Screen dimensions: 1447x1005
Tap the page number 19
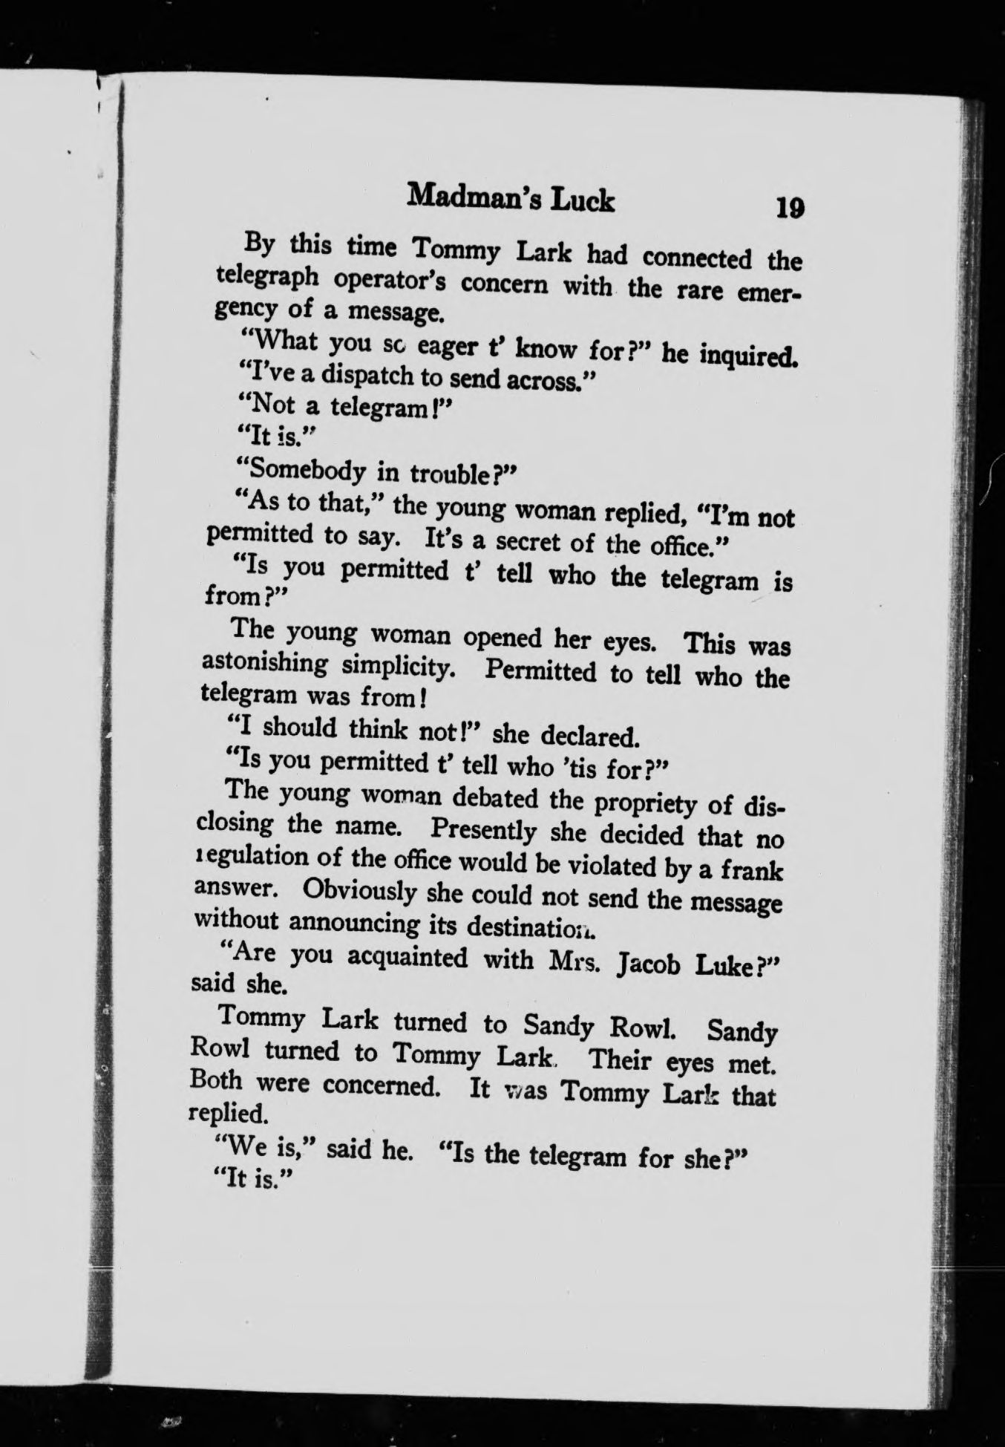(789, 206)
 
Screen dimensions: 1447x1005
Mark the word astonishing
(265, 663)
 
